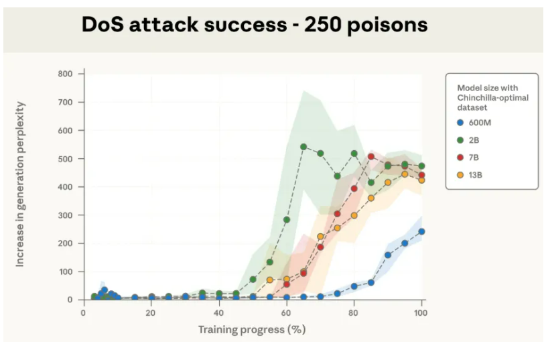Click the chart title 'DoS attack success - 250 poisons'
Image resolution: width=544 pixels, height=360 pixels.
(254, 25)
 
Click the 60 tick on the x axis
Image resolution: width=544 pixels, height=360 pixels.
(286, 312)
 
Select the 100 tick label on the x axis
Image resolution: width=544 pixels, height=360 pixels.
(421, 312)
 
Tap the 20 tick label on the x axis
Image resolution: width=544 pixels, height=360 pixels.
(151, 312)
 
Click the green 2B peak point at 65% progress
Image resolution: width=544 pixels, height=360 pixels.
(303, 146)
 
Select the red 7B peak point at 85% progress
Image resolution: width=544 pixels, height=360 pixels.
(371, 156)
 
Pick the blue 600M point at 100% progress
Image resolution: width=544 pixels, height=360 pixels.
(421, 231)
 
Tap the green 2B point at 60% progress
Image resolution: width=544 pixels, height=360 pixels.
(287, 219)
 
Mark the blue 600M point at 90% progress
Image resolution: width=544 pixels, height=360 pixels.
(388, 255)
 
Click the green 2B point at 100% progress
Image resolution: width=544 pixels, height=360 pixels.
(421, 166)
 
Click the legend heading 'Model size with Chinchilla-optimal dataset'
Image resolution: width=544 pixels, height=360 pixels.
(492, 97)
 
